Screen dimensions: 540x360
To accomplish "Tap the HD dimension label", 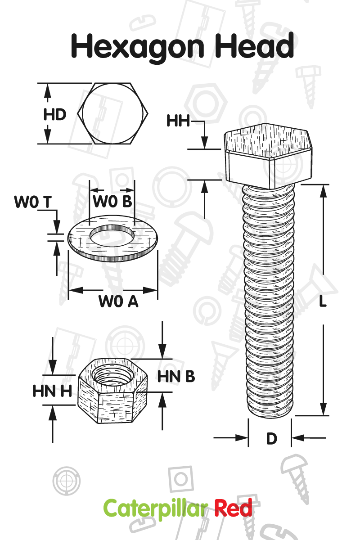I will (x=55, y=114).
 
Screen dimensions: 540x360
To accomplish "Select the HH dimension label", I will (x=178, y=121).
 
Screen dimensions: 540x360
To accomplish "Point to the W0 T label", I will (x=33, y=202).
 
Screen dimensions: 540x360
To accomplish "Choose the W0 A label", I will (x=118, y=301).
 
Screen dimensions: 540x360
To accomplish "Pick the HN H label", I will (x=52, y=391).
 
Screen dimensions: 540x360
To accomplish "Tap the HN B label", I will (x=176, y=376).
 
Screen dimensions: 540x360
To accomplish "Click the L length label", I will (x=323, y=302).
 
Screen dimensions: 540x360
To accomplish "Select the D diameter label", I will (x=271, y=438).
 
